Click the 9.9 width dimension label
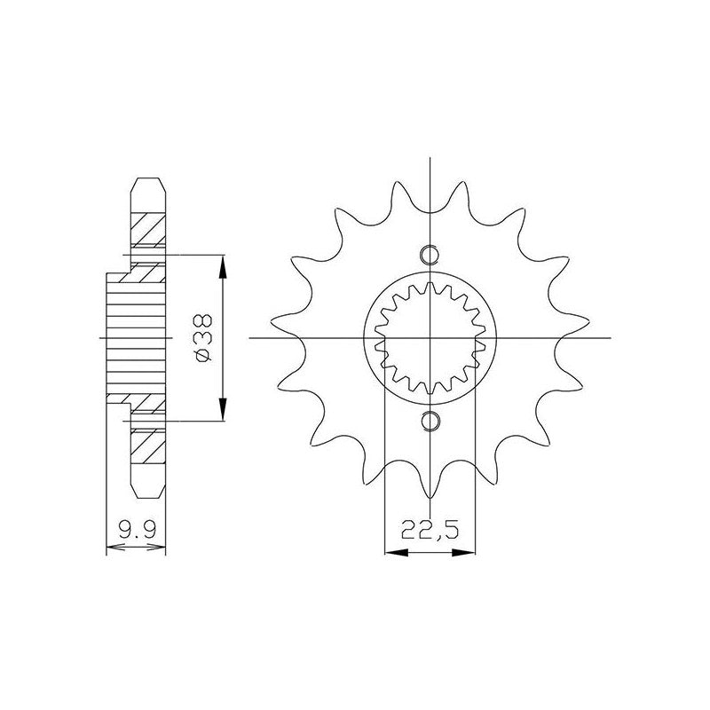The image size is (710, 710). tap(137, 528)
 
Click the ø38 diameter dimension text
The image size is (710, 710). tap(203, 338)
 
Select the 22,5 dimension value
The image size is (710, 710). tap(430, 529)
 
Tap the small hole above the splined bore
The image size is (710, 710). tap(429, 255)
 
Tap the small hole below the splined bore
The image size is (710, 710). tap(429, 421)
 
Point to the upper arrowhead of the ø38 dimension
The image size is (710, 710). tap(222, 267)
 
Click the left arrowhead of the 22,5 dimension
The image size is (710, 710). tap(396, 552)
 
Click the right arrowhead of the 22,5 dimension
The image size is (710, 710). tap(463, 552)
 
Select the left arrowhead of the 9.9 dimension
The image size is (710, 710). tap(115, 548)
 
